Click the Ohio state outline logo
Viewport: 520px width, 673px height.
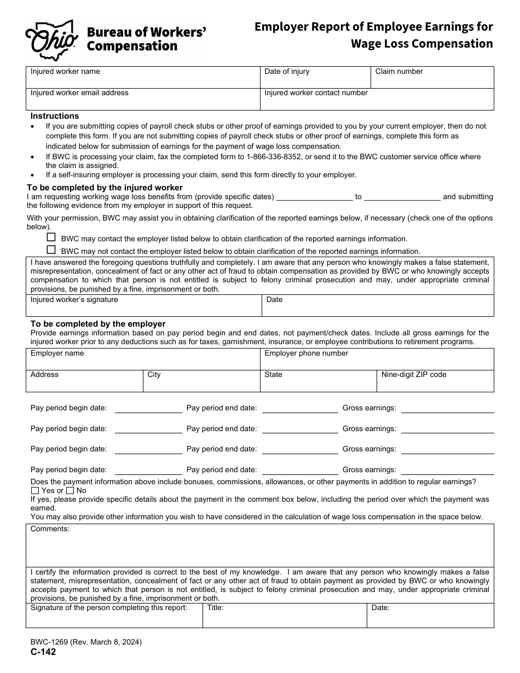[x=51, y=38]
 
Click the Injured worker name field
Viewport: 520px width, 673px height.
[x=142, y=78]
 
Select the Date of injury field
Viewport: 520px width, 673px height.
[x=315, y=78]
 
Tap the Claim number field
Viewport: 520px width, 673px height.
[x=432, y=78]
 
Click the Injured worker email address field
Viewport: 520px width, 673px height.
[x=142, y=100]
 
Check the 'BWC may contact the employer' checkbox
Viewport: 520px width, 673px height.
[x=51, y=237]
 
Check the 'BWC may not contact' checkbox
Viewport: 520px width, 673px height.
[x=51, y=250]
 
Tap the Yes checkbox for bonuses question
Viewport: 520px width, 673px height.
[x=36, y=491]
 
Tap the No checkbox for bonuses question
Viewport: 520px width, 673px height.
[x=70, y=491]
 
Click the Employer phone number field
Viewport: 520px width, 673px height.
[x=377, y=359]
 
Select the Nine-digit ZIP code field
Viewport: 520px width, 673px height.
[x=435, y=381]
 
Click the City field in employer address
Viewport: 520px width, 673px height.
[x=201, y=381]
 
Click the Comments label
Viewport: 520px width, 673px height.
[x=50, y=529]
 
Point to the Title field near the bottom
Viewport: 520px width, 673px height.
[x=285, y=616]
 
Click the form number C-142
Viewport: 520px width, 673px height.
[x=43, y=652]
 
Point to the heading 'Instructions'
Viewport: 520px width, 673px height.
[x=55, y=116]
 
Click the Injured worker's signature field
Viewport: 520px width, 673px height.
[x=143, y=306]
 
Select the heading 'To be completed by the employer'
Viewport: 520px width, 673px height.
[x=98, y=324]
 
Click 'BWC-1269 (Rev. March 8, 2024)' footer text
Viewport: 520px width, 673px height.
[x=86, y=642]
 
